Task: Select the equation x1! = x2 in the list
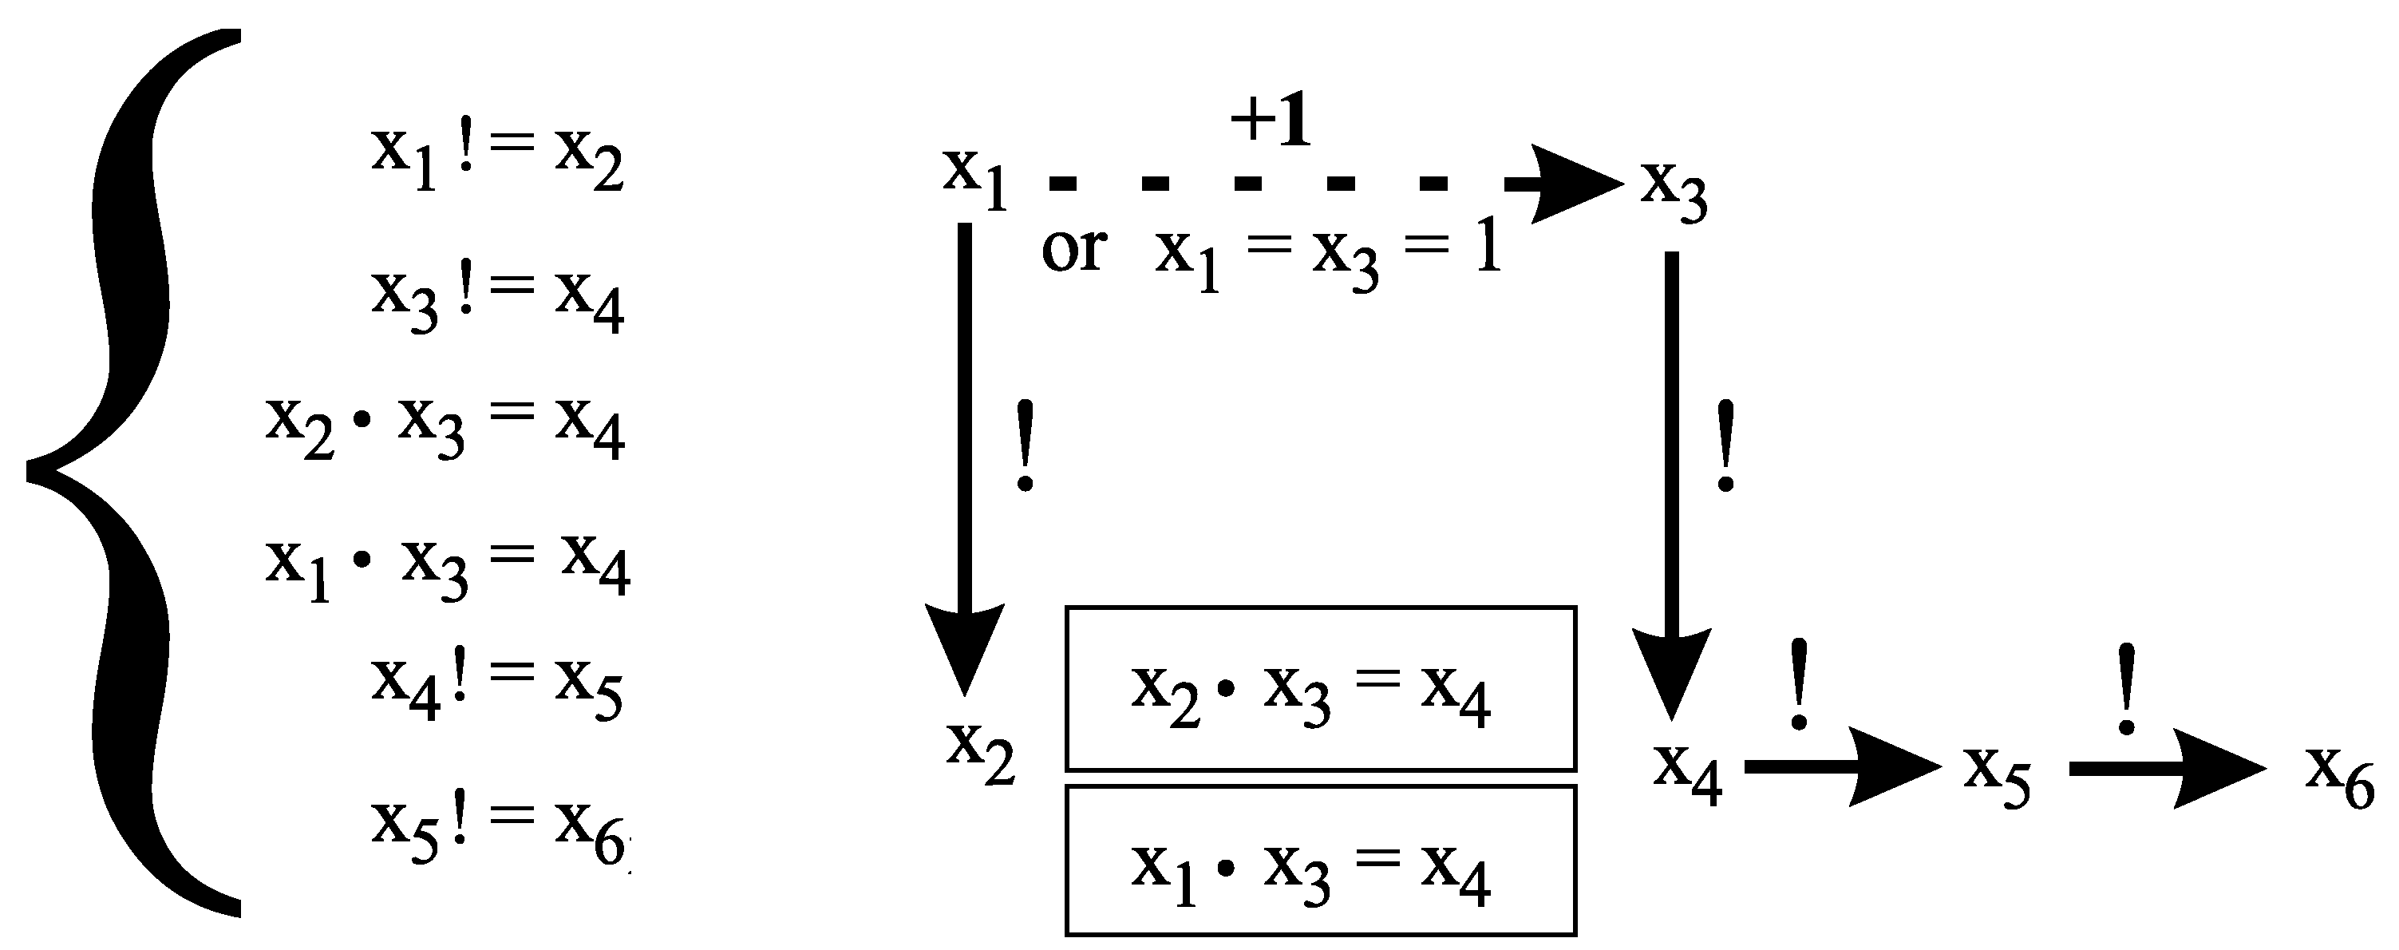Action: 496,158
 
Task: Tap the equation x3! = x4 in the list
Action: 496,298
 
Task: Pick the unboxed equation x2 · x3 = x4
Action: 445,426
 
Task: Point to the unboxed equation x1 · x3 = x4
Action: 447,565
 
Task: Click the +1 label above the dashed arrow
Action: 1271,123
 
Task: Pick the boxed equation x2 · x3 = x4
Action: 1320,689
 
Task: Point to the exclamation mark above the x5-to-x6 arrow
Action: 2126,689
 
